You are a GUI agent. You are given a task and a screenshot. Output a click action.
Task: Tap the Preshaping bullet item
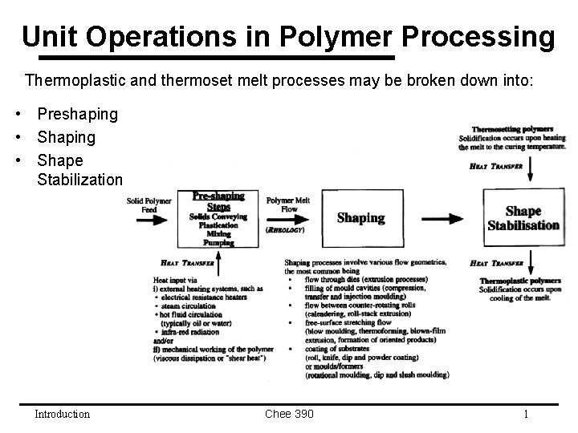pyautogui.click(x=77, y=115)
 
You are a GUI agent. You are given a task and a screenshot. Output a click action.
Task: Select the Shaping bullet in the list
pyautogui.click(x=66, y=137)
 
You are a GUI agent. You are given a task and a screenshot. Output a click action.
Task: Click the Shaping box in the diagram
pyautogui.click(x=360, y=217)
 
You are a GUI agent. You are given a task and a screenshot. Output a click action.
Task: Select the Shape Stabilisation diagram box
pyautogui.click(x=523, y=217)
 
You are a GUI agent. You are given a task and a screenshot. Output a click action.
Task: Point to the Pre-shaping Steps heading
pyautogui.click(x=218, y=201)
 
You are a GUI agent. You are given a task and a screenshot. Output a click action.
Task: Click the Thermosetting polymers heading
pyautogui.click(x=513, y=129)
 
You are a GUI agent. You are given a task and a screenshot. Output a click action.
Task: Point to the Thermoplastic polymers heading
pyautogui.click(x=519, y=281)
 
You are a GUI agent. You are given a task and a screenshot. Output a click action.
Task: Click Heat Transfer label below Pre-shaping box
pyautogui.click(x=186, y=261)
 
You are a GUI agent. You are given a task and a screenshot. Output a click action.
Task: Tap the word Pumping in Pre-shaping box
pyautogui.click(x=218, y=242)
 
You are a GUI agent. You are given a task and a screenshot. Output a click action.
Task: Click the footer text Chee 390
pyautogui.click(x=289, y=414)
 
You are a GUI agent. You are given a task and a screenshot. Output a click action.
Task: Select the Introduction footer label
pyautogui.click(x=62, y=414)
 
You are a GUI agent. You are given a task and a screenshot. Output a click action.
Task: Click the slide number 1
pyautogui.click(x=525, y=414)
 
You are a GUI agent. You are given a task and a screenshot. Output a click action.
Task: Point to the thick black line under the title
pyautogui.click(x=217, y=59)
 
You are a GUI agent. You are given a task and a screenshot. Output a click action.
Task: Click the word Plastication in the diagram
pyautogui.click(x=218, y=225)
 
